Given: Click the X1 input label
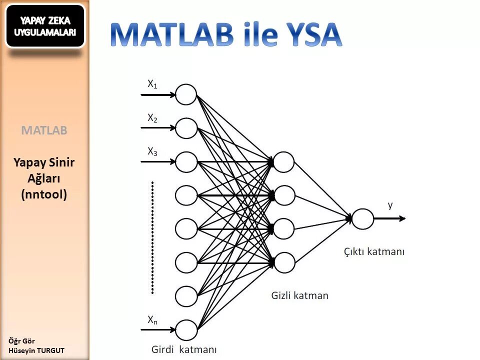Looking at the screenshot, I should point(152,84).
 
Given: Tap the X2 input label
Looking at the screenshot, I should point(152,118).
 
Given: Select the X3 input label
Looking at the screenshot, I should point(152,151).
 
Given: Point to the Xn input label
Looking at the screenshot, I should point(152,319).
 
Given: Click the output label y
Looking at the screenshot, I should point(390,205).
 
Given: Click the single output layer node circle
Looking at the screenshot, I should point(363,218).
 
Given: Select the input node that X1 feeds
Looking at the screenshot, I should point(186,94).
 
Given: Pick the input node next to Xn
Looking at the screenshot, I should point(186,329).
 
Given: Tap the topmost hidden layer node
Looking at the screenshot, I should point(284,161).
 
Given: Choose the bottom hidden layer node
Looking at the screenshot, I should point(284,261).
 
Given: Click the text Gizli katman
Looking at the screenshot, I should point(300,295).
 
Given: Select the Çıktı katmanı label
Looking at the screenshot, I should point(374,251).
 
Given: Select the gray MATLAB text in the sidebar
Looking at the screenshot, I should point(44,130).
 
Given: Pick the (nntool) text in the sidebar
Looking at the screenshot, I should point(44,194).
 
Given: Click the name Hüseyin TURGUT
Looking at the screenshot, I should point(36,350).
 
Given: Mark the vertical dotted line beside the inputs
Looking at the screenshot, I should point(152,237).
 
